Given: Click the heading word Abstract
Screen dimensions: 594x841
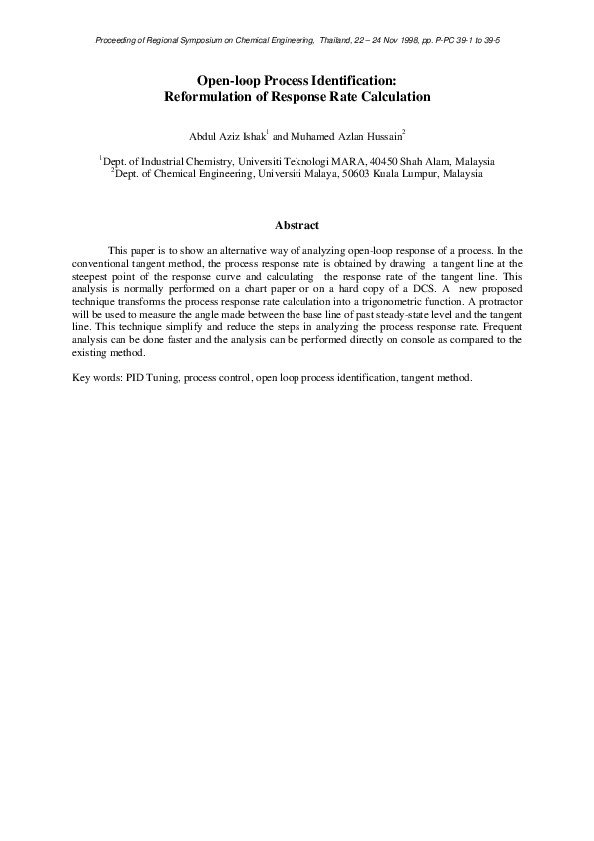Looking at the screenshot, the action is click(x=297, y=226).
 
